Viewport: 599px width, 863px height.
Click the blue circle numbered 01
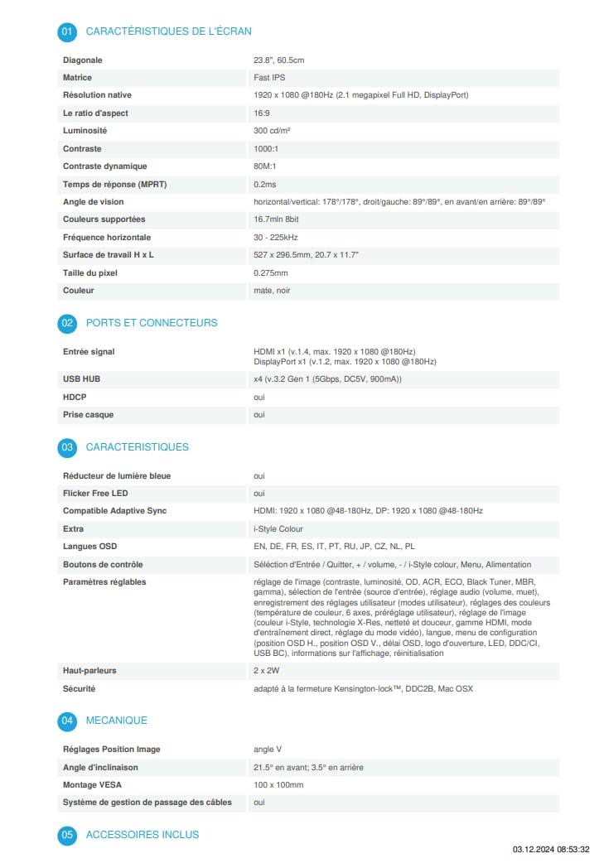coord(67,31)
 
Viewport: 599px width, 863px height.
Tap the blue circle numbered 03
coord(67,447)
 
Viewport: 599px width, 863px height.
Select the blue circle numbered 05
coord(67,835)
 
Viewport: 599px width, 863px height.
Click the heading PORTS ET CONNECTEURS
coord(152,323)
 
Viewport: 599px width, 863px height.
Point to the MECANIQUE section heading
coord(117,721)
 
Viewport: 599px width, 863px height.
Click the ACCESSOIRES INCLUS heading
coord(143,835)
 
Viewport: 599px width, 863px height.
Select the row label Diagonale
coord(83,60)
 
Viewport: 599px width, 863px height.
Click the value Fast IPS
coord(270,78)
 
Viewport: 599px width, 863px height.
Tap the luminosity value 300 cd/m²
coord(272,131)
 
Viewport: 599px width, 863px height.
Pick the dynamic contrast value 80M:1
coord(265,166)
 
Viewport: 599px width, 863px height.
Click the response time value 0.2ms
coord(265,184)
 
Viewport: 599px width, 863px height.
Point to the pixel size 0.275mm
coord(271,272)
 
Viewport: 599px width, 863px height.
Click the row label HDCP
coord(75,398)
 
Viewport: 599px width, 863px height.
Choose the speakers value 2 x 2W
coord(267,670)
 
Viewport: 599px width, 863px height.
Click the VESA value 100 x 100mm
coord(278,784)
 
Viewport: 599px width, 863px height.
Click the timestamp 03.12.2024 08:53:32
coord(551,850)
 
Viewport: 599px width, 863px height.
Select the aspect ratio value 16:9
coord(261,113)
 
